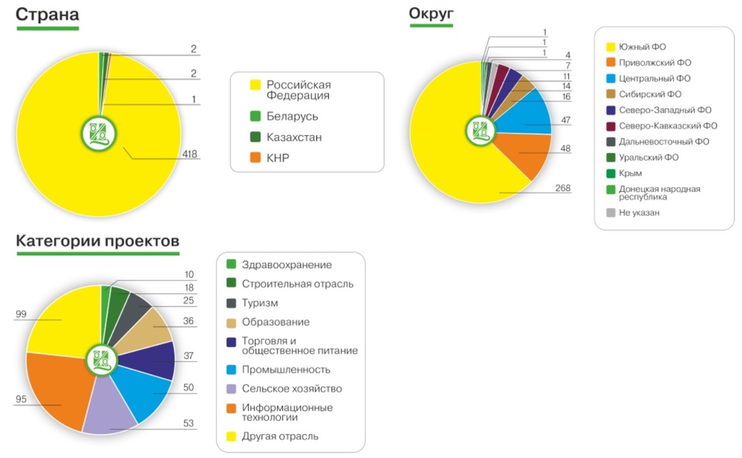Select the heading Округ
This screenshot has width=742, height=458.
point(431,13)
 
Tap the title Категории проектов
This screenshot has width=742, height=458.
point(98,241)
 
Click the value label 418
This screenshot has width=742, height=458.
point(190,154)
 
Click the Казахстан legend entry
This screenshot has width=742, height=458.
point(294,137)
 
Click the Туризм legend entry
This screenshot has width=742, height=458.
point(260,303)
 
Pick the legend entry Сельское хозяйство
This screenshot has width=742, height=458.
point(292,388)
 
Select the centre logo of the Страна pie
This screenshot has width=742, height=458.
point(99,132)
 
